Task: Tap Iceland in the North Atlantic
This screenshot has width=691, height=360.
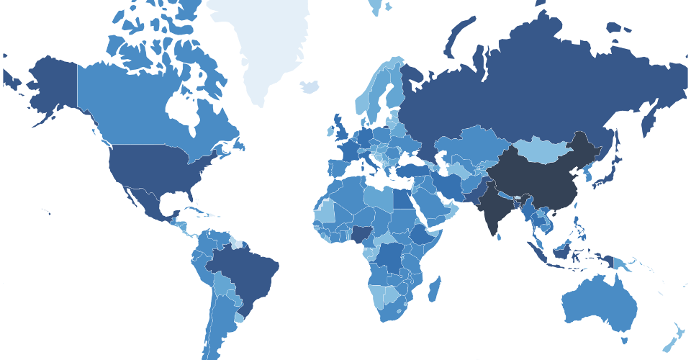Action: (x=309, y=86)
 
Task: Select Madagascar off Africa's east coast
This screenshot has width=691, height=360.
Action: (x=434, y=290)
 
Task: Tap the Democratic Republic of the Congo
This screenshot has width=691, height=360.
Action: (x=392, y=259)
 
